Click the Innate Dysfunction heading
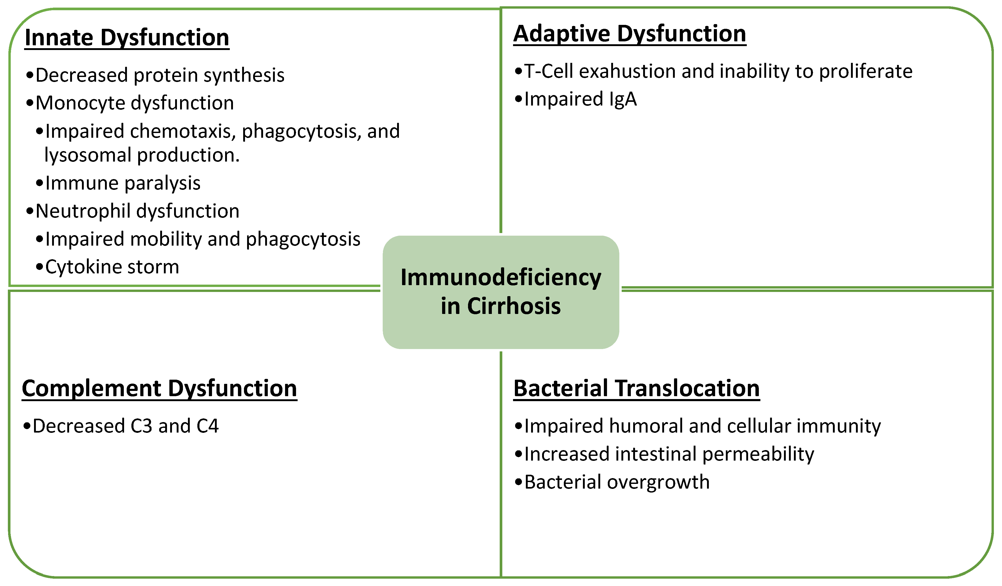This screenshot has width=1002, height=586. pyautogui.click(x=127, y=38)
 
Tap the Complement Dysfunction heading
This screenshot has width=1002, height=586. pyautogui.click(x=159, y=388)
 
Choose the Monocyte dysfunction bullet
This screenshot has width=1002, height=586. pyautogui.click(x=134, y=103)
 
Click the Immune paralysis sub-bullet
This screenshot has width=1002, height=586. pyautogui.click(x=123, y=183)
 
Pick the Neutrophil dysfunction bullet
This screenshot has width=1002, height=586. pyautogui.click(x=137, y=211)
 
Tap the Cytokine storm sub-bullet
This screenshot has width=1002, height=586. pyautogui.click(x=112, y=267)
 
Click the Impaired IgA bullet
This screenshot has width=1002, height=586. pyautogui.click(x=580, y=99)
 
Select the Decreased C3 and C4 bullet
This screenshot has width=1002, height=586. pyautogui.click(x=125, y=426)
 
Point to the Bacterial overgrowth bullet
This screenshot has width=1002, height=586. pyautogui.click(x=616, y=482)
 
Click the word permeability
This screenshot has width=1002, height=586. pyautogui.click(x=758, y=454)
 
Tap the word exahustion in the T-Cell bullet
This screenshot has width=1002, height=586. pyautogui.click(x=627, y=71)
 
